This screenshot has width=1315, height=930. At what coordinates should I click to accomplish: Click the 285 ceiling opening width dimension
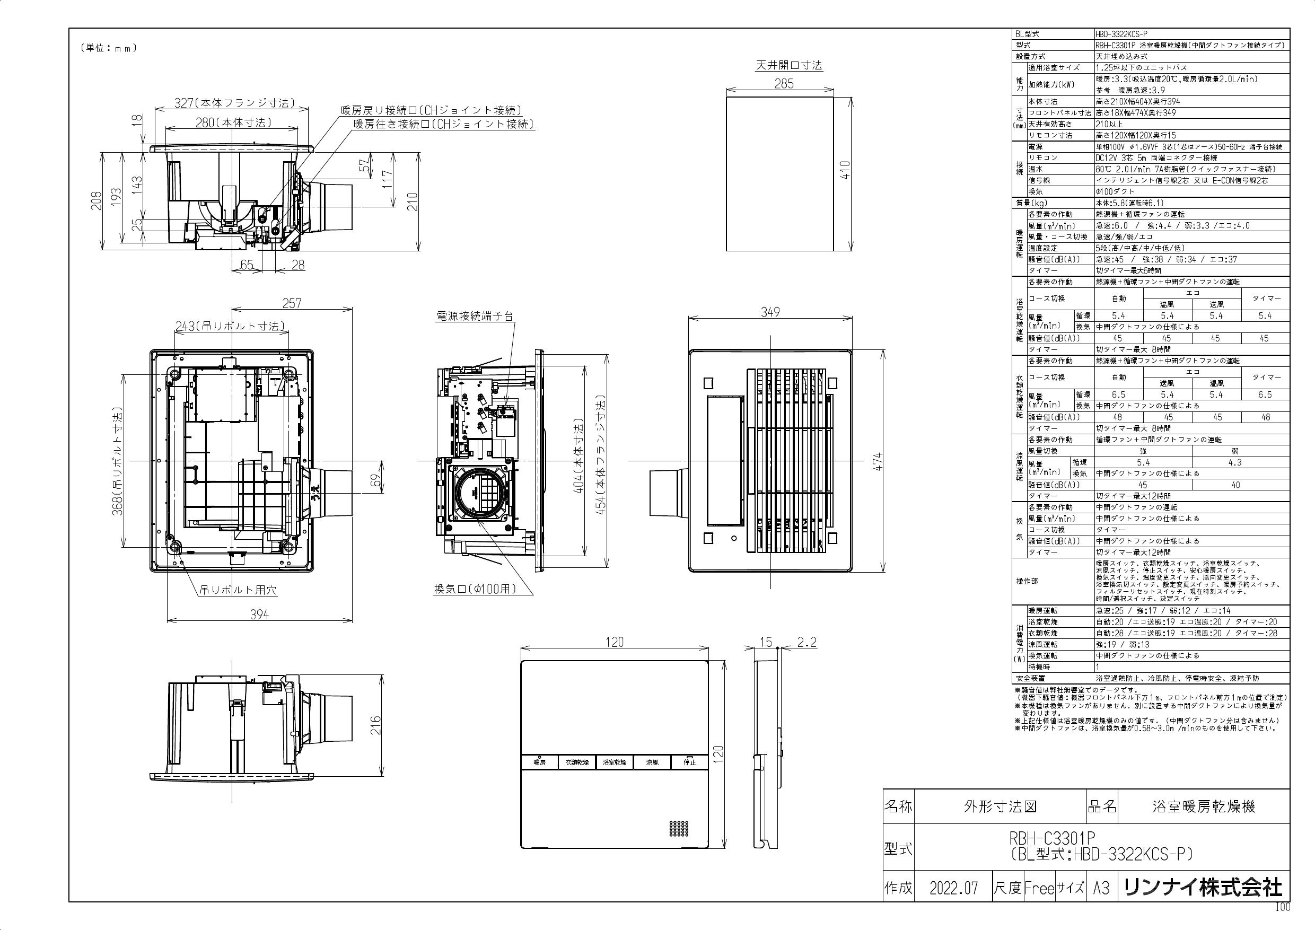pyautogui.click(x=784, y=84)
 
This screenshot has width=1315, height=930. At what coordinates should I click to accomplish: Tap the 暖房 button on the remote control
pyautogui.click(x=539, y=762)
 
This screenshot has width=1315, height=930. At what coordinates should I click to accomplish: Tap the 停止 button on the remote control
pyautogui.click(x=689, y=762)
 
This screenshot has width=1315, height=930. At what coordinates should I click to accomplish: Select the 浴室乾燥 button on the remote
pyautogui.click(x=615, y=762)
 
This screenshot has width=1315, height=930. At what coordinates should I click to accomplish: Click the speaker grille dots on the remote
pyautogui.click(x=679, y=828)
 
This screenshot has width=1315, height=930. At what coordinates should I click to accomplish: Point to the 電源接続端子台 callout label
pyautogui.click(x=475, y=315)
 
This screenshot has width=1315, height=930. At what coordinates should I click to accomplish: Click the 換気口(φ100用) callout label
pyautogui.click(x=475, y=589)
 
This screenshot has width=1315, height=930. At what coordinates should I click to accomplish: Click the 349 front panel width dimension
pyautogui.click(x=770, y=312)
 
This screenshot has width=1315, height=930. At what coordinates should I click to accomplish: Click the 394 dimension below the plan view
pyautogui.click(x=259, y=615)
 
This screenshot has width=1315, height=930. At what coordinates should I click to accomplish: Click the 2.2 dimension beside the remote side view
pyautogui.click(x=806, y=643)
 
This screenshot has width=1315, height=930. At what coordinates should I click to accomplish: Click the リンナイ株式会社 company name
pyautogui.click(x=1202, y=888)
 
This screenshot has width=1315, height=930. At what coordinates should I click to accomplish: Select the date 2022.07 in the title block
pyautogui.click(x=953, y=888)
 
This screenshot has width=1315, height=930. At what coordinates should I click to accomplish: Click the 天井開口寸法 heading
pyautogui.click(x=788, y=65)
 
